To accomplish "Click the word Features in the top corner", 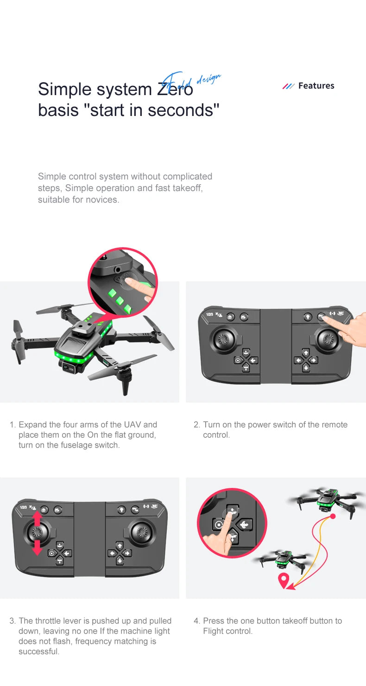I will pos(316,86).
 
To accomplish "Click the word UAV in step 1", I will pos(133,424).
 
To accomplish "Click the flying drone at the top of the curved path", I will pos(327,500).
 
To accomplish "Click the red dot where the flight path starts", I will pos(332,516).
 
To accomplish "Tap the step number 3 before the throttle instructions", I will pos(13,621).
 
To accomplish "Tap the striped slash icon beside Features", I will pos(288,86).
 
